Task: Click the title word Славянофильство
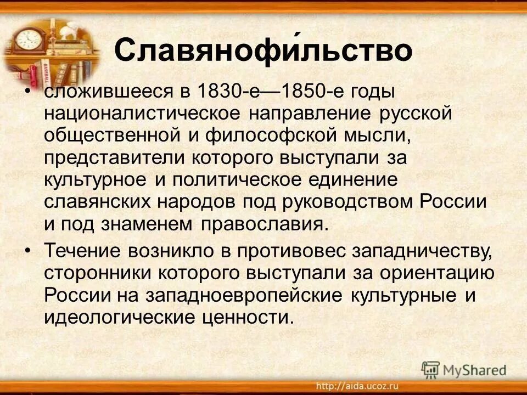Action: [x=263, y=50]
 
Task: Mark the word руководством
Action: [x=349, y=201]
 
